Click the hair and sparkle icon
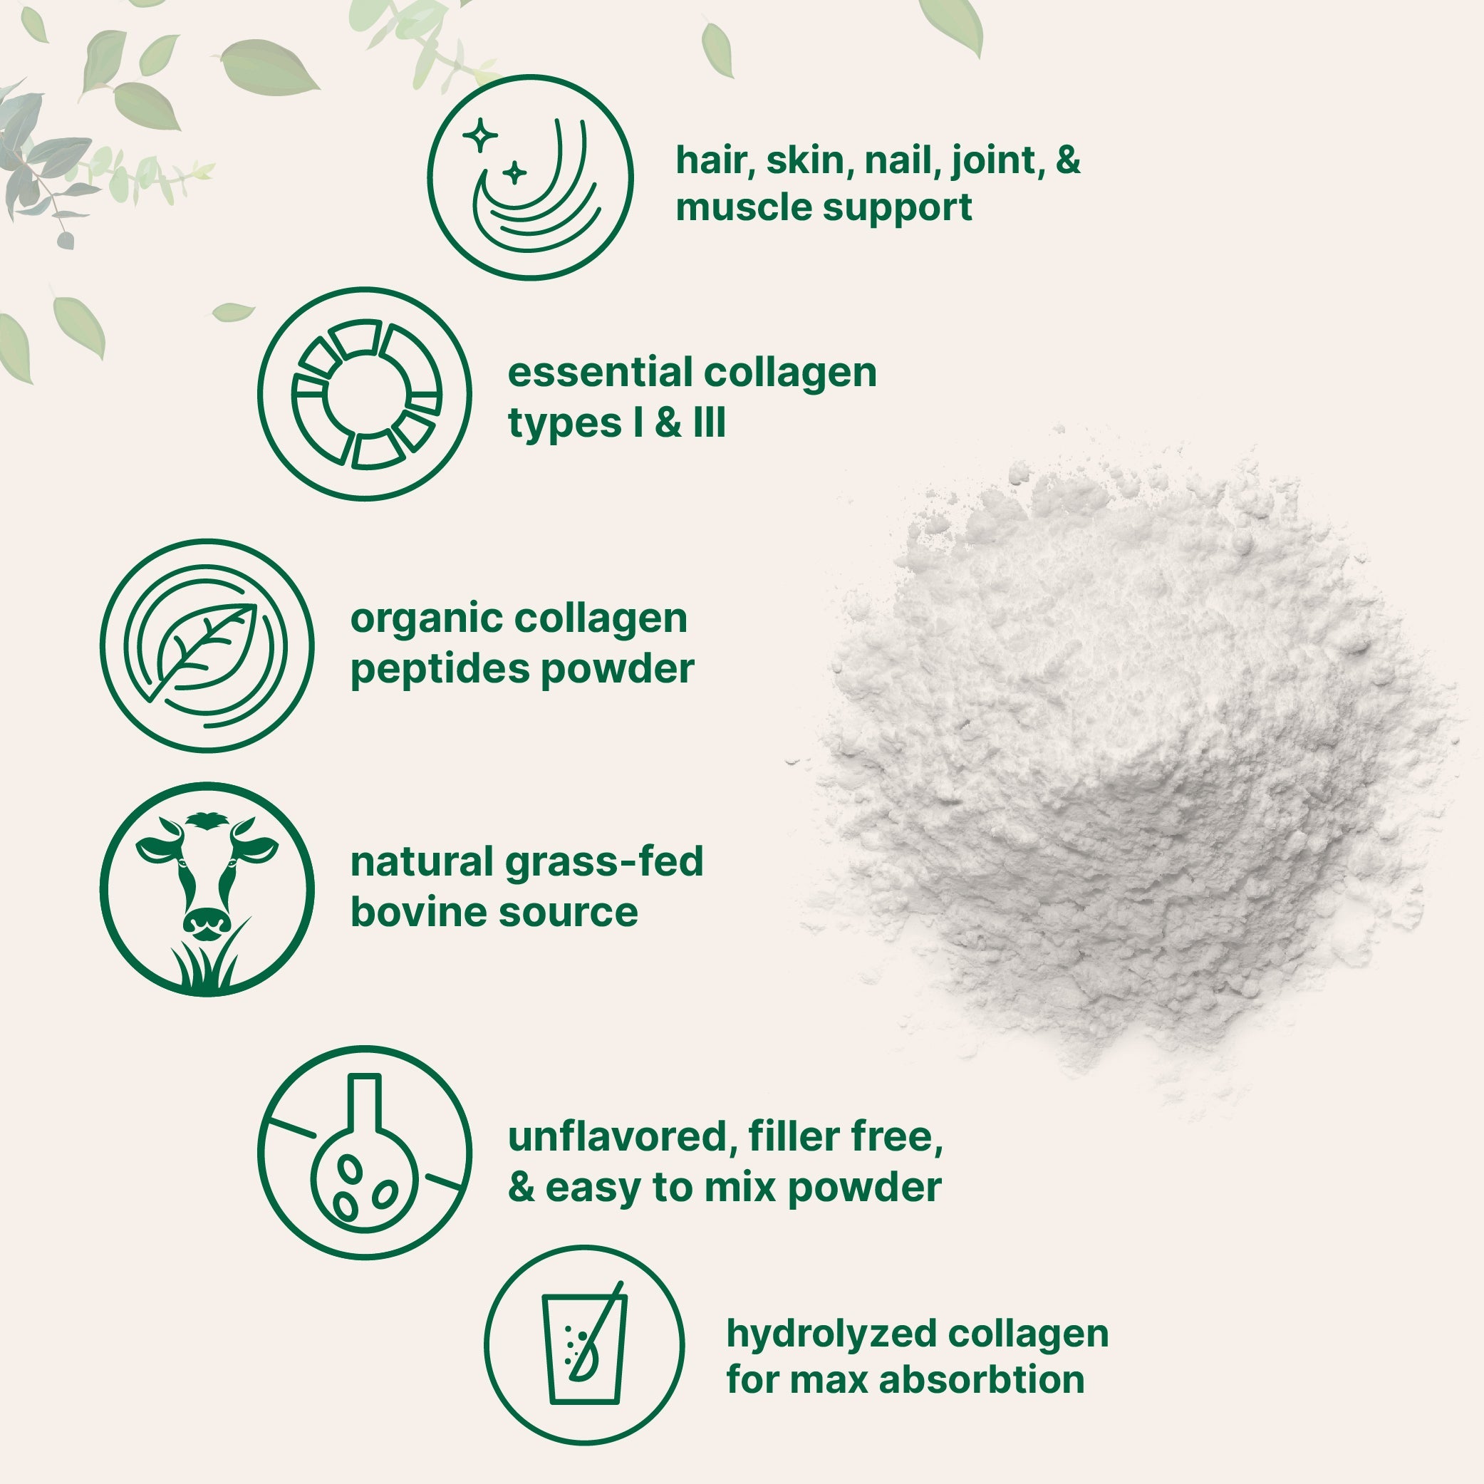click(530, 177)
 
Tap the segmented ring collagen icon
click(364, 395)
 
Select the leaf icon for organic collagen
click(207, 646)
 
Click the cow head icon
click(207, 876)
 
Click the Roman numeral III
click(708, 423)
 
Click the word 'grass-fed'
click(603, 861)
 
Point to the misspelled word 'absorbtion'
click(982, 1380)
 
